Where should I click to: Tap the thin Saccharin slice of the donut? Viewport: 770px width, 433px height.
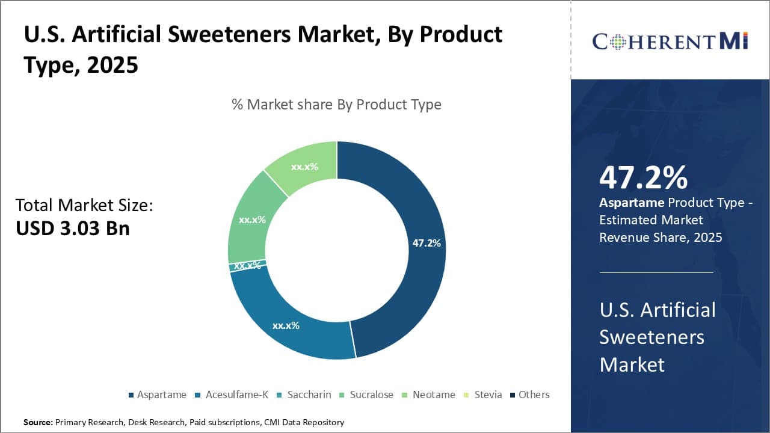(x=239, y=266)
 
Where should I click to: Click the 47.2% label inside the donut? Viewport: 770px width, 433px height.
(x=427, y=243)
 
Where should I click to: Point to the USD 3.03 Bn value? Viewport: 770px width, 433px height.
(x=72, y=229)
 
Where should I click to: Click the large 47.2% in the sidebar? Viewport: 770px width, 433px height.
(x=643, y=177)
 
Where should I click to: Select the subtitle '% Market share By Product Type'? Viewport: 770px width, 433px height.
(x=336, y=105)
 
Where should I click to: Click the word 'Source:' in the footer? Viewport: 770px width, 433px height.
(x=38, y=422)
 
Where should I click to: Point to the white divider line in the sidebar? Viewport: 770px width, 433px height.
(x=656, y=272)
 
